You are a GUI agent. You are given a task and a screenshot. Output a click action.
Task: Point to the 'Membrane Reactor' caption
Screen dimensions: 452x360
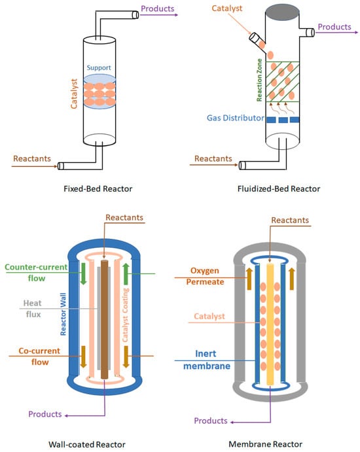coord(270,444)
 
